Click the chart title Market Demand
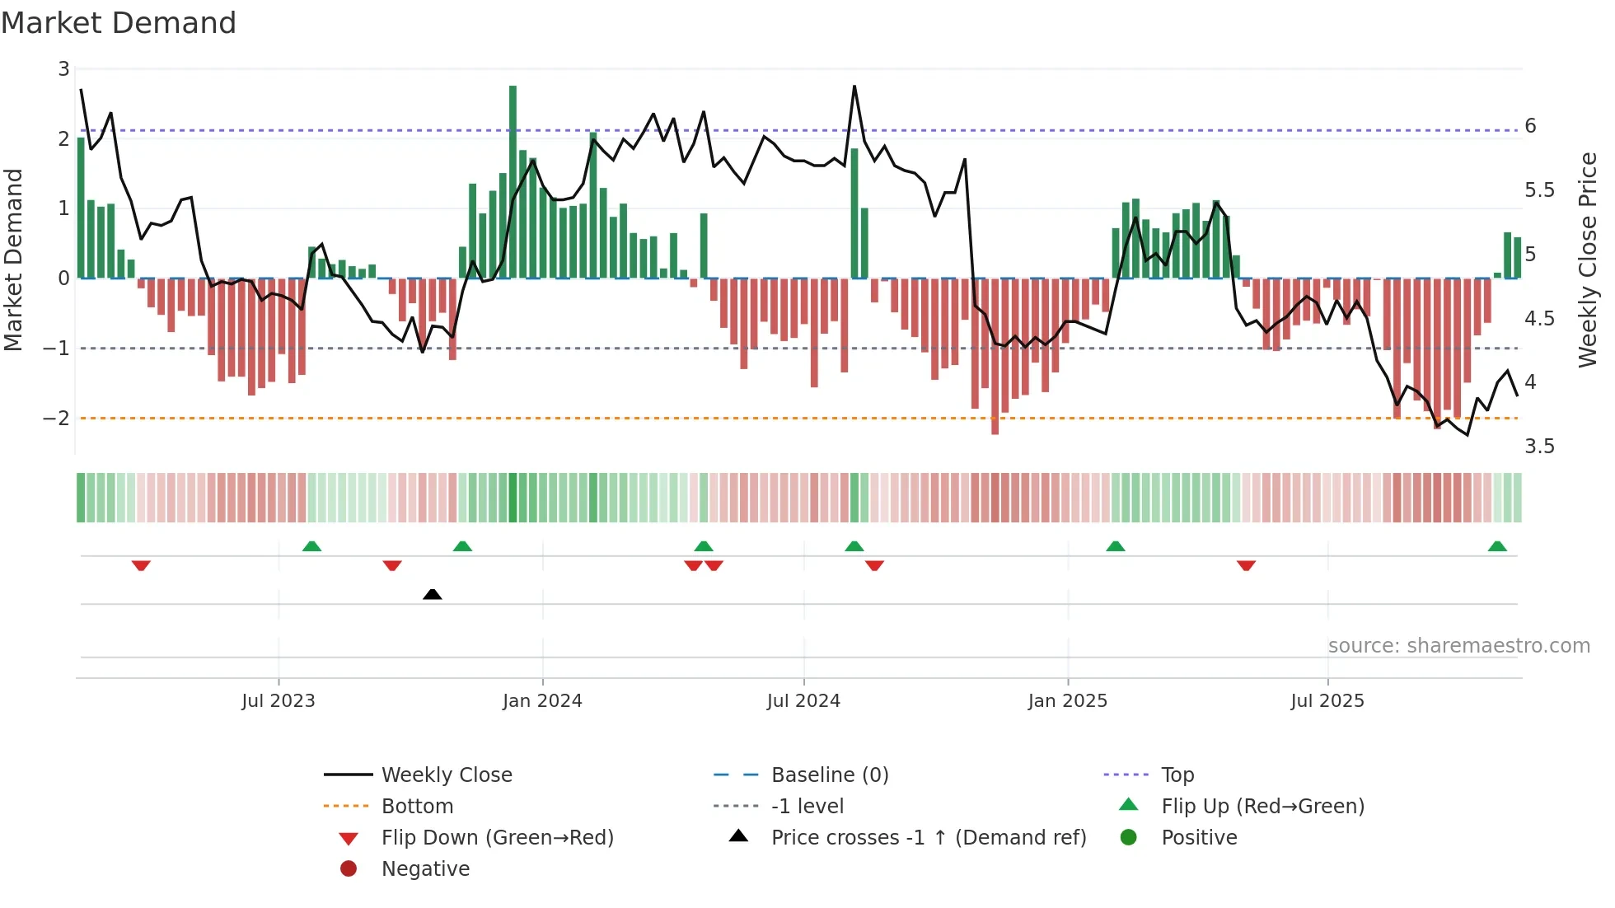(119, 23)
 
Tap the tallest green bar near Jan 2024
(513, 181)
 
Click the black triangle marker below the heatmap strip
(432, 594)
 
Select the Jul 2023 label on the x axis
(279, 701)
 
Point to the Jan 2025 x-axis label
(1068, 701)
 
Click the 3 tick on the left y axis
(63, 69)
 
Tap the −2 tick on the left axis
(57, 419)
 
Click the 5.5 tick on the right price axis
(1539, 190)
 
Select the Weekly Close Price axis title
(1587, 260)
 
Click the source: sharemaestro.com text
(1458, 646)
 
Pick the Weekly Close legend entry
(446, 775)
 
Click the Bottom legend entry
(417, 807)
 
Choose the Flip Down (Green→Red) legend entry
(497, 838)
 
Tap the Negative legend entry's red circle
(349, 869)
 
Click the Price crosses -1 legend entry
(928, 838)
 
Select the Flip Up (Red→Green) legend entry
(1262, 807)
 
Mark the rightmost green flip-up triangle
(1497, 546)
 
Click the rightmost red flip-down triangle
(1246, 565)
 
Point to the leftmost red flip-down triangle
(141, 565)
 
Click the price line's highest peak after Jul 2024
(854, 87)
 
